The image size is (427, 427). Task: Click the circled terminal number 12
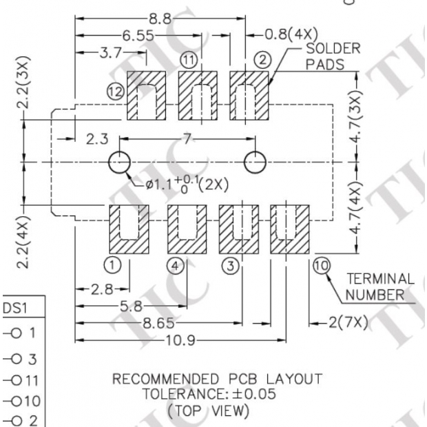tap(116, 90)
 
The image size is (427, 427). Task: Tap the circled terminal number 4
tap(175, 264)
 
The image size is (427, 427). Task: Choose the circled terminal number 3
tap(230, 264)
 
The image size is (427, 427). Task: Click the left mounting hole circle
tap(119, 163)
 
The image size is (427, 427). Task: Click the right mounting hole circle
tap(256, 163)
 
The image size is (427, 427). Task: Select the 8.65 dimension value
tap(163, 322)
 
